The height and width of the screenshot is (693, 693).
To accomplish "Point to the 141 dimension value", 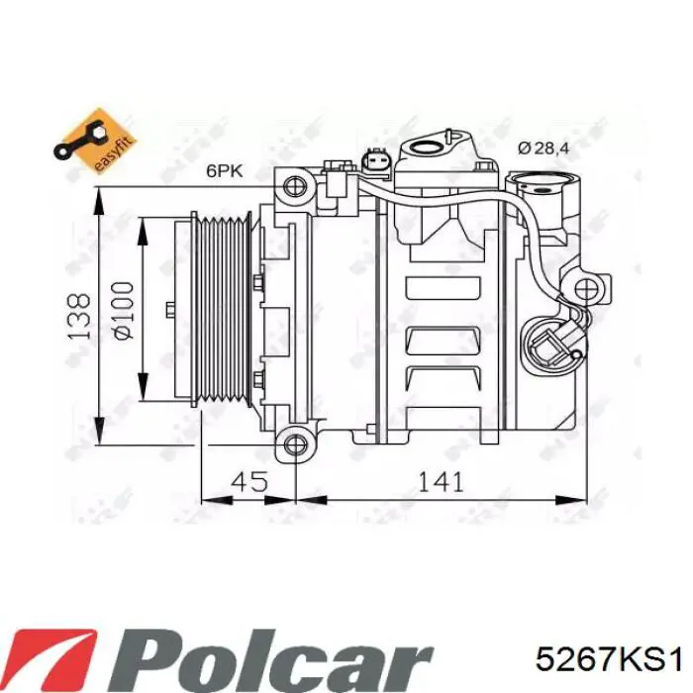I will click(441, 482).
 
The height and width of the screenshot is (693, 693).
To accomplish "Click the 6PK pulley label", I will click(224, 170).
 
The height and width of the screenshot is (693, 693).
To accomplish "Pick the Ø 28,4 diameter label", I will click(542, 148).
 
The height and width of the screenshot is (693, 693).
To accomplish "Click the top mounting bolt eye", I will click(294, 185).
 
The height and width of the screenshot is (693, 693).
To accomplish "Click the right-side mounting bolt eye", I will click(588, 288).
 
